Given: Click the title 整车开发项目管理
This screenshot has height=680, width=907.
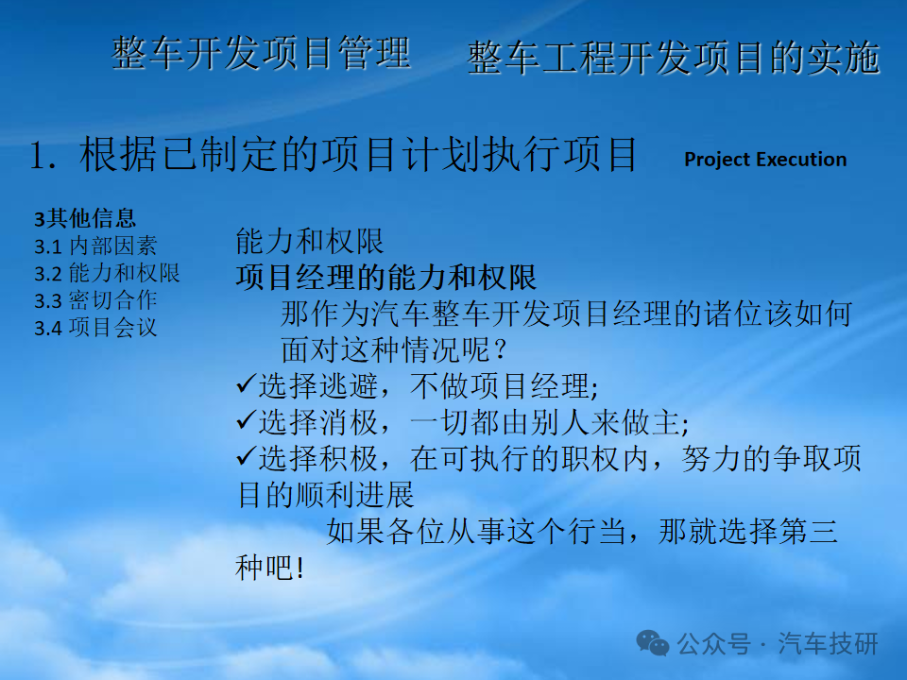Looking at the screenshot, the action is pos(261,53).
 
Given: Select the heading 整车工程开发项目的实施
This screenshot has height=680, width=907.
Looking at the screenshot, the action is pos(674,58).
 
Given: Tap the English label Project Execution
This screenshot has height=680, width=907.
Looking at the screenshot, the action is pos(765,160).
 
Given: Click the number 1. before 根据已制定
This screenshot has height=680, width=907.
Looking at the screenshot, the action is pos(43,156).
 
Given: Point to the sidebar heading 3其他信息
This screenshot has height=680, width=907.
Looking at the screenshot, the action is pos(85,218).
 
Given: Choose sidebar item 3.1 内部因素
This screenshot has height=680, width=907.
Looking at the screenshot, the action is pos(95,246).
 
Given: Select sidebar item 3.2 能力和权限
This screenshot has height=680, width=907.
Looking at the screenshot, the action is pos(107,273).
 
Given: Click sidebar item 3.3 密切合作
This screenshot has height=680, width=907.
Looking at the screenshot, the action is pos(95,300).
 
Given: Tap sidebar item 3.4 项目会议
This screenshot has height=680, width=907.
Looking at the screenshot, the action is pos(95,328).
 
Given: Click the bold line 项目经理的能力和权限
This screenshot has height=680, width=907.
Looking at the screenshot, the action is pos(386,278).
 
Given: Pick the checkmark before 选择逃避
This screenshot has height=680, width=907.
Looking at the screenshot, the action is pos(247,384).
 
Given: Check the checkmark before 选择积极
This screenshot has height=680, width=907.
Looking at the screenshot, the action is pos(247,457).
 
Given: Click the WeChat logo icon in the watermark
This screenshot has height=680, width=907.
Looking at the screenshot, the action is pos(653,643).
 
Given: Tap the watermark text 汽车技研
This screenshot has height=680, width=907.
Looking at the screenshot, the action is pos(828,643).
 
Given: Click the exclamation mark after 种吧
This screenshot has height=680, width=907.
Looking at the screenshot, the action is pos(299,568).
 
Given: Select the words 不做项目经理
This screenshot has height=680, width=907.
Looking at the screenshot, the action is pos(500,386).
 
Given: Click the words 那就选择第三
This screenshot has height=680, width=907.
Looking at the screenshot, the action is pos(748,531).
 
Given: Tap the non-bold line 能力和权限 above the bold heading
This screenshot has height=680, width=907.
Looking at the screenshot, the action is pos(310,241).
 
